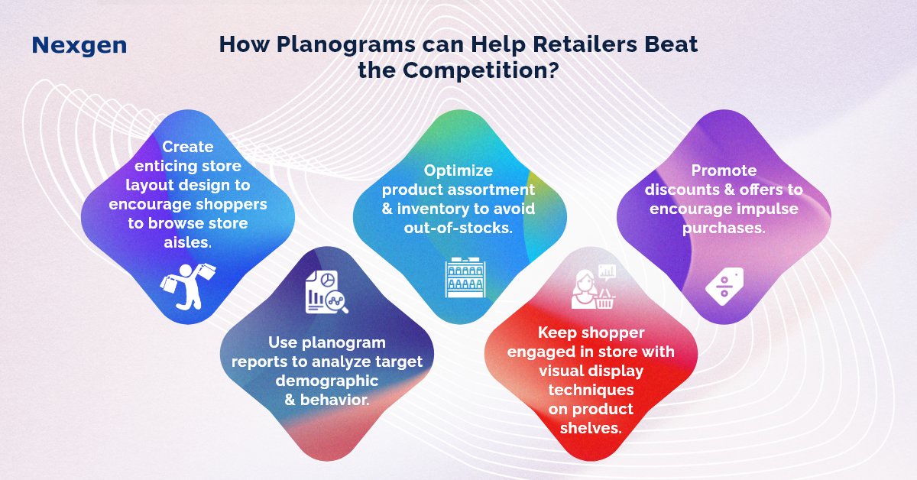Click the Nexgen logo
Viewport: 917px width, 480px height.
[79, 46]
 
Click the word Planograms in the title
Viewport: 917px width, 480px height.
[346, 45]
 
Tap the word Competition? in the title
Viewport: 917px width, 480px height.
[481, 70]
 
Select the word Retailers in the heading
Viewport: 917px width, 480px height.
[585, 44]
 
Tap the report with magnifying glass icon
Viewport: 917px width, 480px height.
[327, 292]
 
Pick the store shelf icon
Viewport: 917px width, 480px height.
[465, 277]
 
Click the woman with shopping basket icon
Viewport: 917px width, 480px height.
[594, 287]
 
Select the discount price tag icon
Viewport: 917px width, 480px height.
[724, 287]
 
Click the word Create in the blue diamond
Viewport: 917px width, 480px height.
[188, 147]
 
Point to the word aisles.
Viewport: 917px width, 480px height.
[188, 242]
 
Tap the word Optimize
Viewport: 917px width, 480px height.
[458, 170]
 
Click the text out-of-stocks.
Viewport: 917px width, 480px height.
[458, 228]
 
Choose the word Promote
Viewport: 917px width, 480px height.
[724, 170]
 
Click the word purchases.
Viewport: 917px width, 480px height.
[724, 229]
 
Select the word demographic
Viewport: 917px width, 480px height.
[327, 381]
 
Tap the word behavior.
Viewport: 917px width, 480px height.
[335, 400]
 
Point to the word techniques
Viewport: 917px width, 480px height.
[591, 391]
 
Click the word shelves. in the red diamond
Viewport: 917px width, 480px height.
[591, 428]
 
